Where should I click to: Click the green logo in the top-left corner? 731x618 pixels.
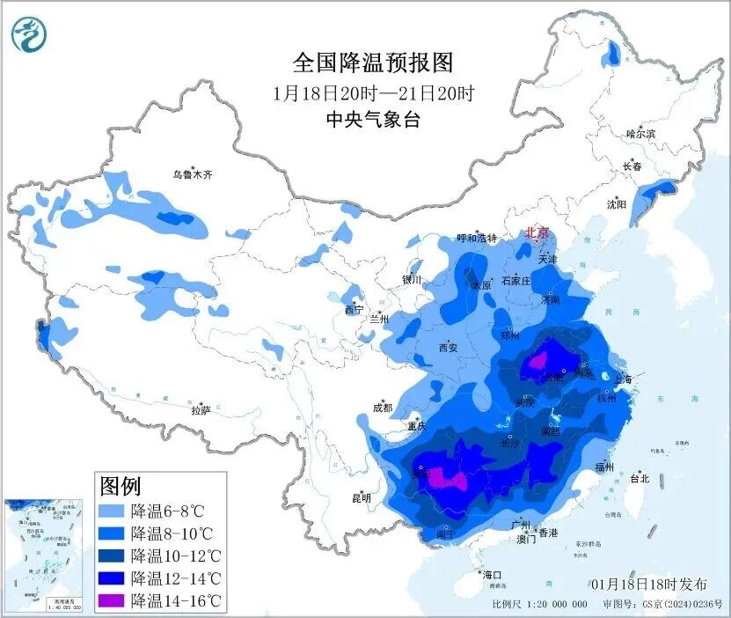click(28, 33)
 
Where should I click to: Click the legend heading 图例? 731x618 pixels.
click(121, 485)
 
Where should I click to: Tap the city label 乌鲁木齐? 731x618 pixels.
click(192, 174)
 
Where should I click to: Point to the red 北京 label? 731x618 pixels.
click(537, 232)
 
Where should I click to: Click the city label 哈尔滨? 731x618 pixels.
click(640, 134)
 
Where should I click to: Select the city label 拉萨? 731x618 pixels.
click(201, 409)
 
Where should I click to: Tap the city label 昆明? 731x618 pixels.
click(361, 497)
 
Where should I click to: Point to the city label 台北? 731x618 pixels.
click(639, 479)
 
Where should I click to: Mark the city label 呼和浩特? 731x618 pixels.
click(477, 239)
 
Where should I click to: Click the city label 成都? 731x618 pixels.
click(382, 408)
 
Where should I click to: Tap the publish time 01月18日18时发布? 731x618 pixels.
click(649, 585)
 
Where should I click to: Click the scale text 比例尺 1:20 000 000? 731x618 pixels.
click(539, 605)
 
